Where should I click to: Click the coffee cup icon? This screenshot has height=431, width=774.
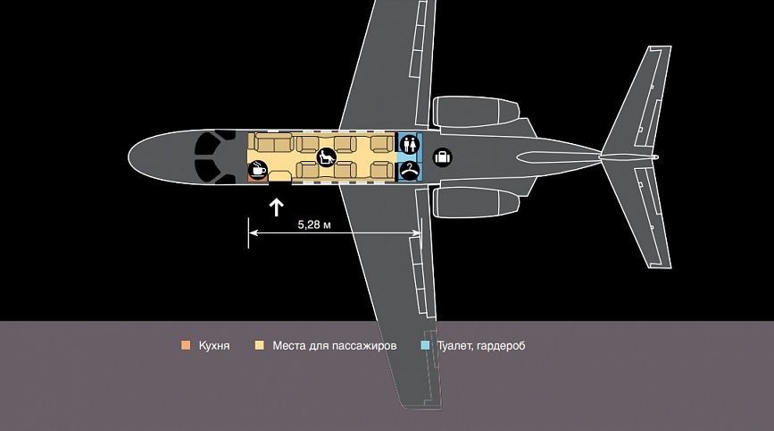(x=257, y=171)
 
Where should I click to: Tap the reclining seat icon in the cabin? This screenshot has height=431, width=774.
(x=326, y=157)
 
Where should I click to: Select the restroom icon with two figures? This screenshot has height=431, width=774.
(x=409, y=144)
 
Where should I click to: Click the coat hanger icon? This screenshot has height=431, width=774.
(x=409, y=171)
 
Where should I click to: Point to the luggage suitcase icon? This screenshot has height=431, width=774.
(x=443, y=157)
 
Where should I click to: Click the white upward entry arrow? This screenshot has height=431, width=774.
(x=277, y=207)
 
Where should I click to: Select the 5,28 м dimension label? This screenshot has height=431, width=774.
(x=314, y=225)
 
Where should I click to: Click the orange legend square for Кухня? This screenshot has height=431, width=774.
(x=186, y=345)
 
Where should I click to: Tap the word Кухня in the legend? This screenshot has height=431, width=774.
(x=214, y=345)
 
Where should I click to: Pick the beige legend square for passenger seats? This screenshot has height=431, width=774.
(x=259, y=345)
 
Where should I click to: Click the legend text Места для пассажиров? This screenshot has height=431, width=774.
(x=335, y=345)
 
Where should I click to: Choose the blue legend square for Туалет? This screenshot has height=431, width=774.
(x=425, y=345)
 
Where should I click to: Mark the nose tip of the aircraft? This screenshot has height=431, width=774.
(x=129, y=157)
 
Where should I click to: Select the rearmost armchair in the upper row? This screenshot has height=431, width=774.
(x=382, y=144)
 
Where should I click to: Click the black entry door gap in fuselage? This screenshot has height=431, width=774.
(x=280, y=183)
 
